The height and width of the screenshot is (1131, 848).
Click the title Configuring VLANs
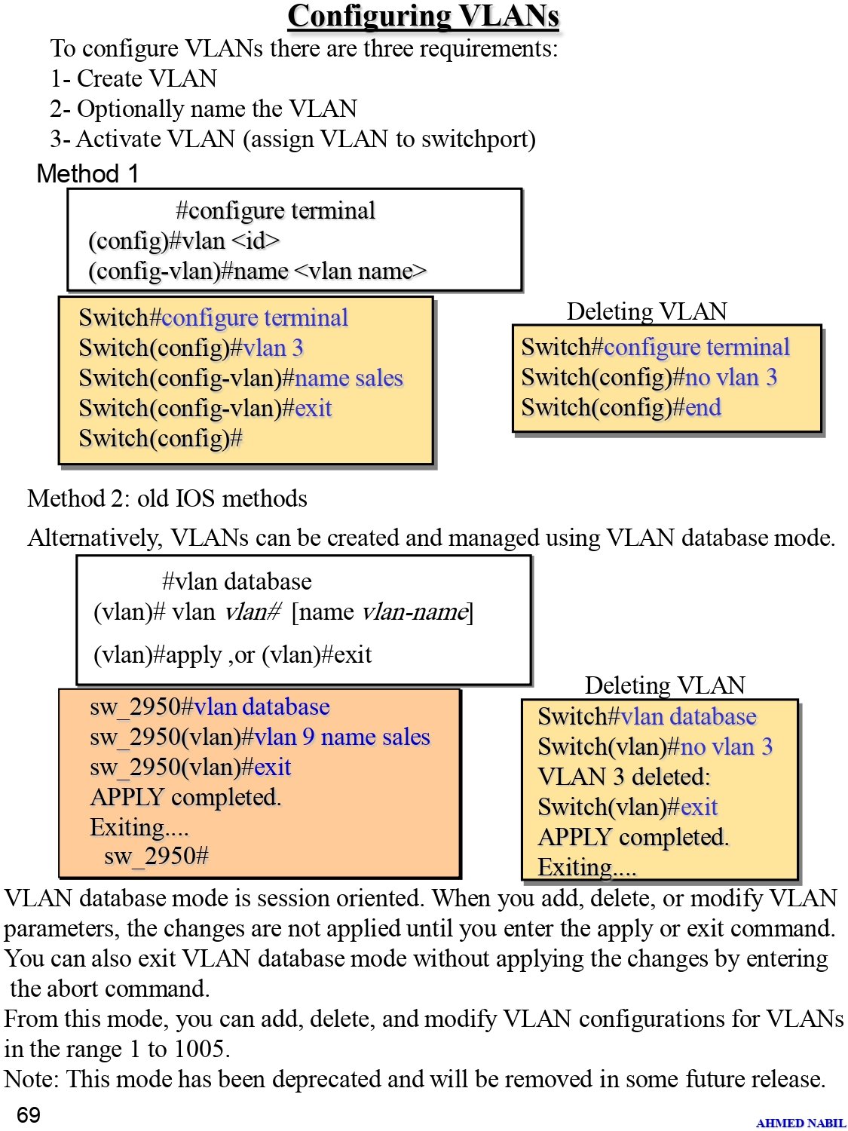coord(423,16)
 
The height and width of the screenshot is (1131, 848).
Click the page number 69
coord(29,1114)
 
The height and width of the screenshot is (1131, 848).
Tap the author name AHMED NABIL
coord(801,1122)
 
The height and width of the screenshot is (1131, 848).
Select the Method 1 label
coord(87,173)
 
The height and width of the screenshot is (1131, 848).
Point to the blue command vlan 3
coord(274,348)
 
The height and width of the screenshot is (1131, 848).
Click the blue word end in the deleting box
coord(703,407)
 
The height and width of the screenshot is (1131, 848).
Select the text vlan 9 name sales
coord(342,737)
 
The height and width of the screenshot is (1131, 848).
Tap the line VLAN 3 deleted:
coord(624,777)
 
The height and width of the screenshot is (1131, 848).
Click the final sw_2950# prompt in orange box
coord(157,856)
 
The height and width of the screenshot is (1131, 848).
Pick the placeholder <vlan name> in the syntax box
coord(360,271)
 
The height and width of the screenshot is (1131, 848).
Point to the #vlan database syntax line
coord(237,581)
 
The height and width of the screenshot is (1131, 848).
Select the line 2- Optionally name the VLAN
coord(204,109)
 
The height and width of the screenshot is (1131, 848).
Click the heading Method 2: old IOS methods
coord(167,498)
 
